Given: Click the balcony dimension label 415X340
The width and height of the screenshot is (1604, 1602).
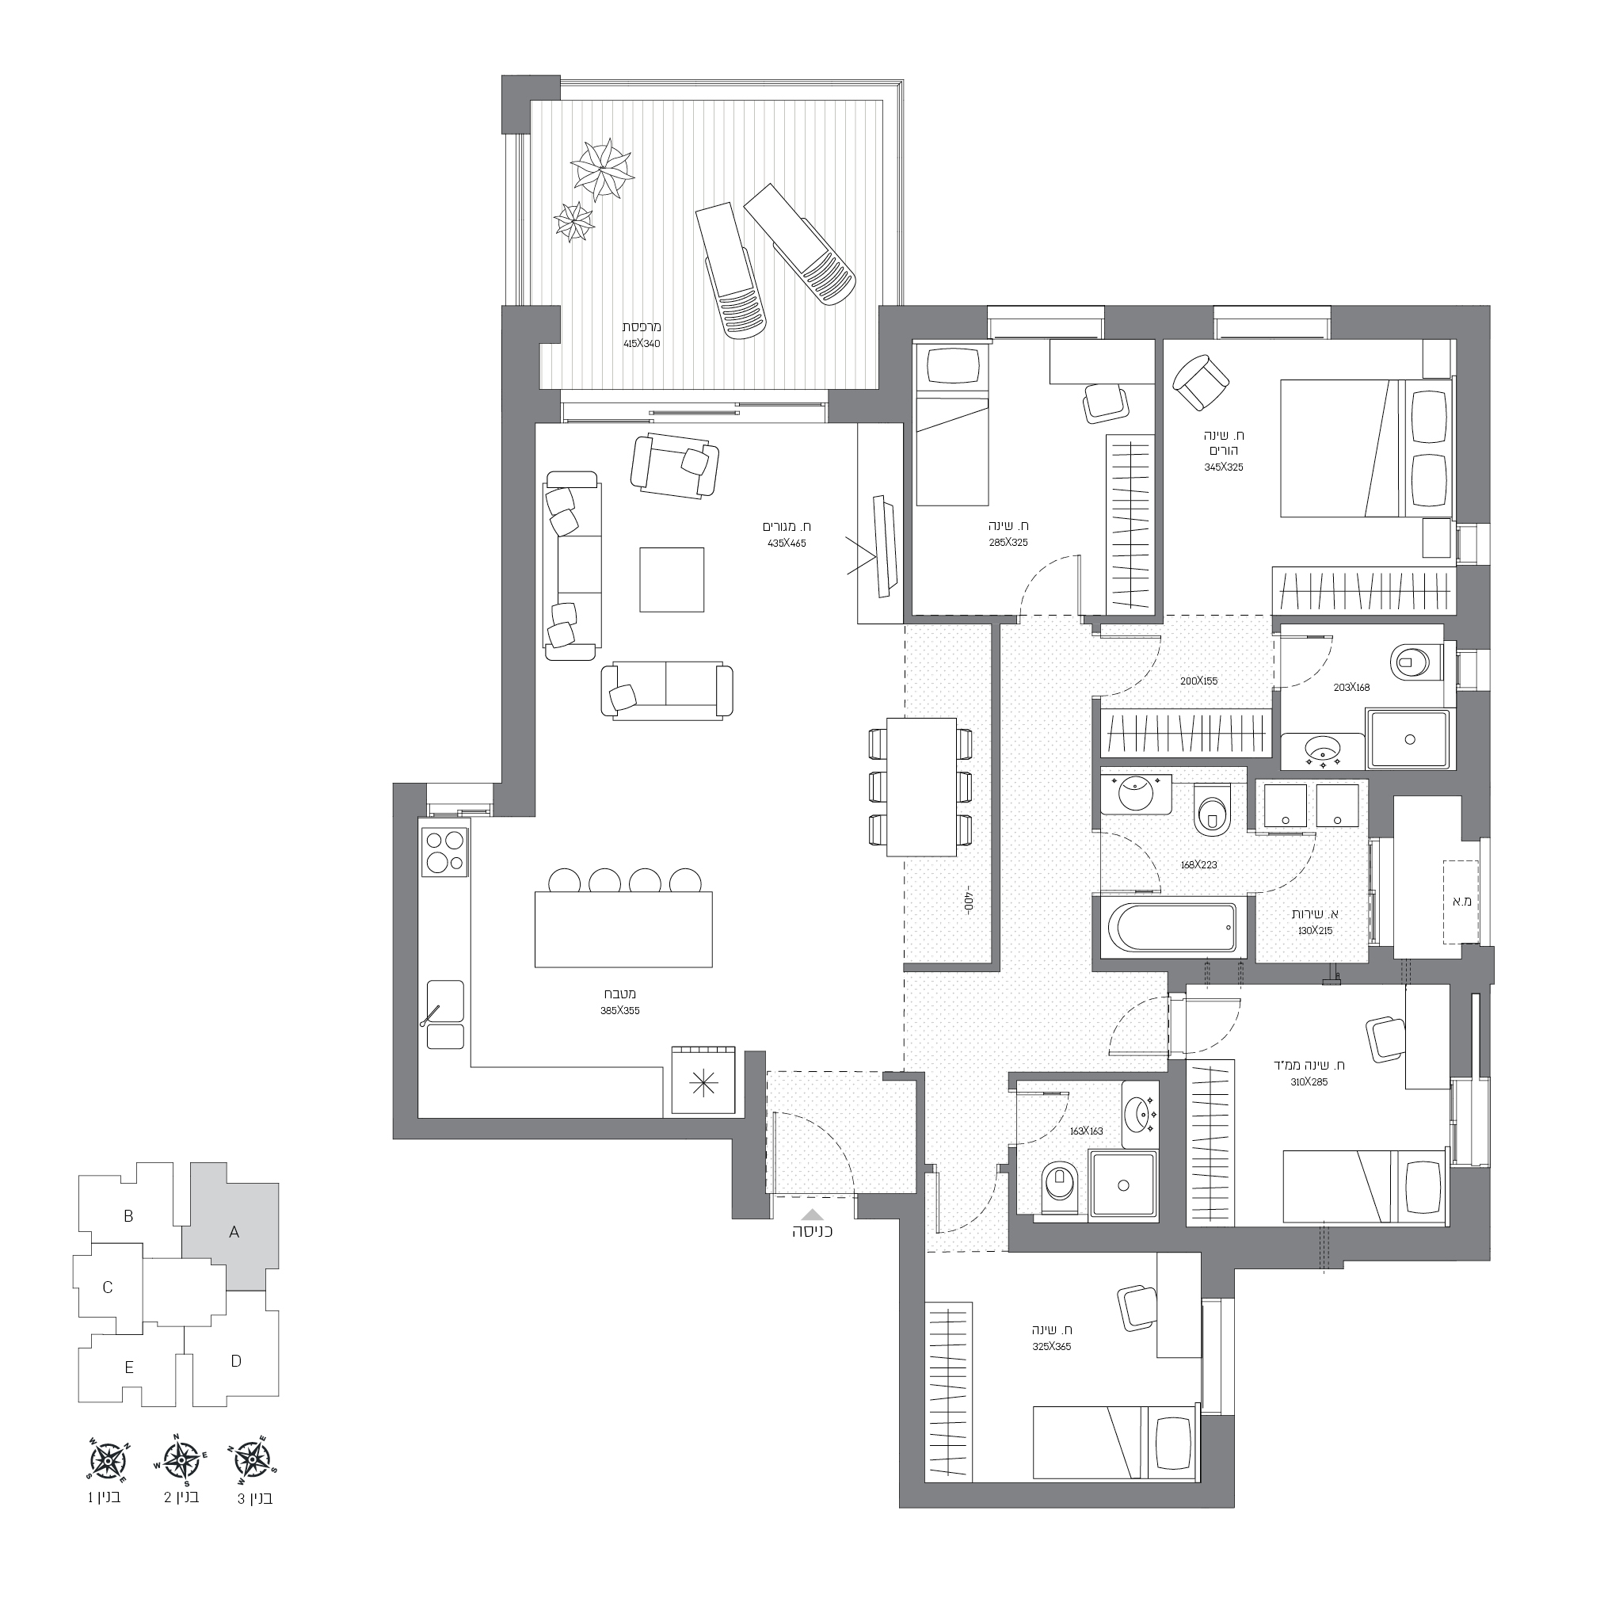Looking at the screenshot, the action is (x=642, y=343).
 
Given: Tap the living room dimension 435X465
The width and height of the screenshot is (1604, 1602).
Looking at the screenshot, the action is (x=787, y=544).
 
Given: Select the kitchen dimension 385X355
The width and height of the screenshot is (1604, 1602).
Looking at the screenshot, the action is (x=620, y=1011).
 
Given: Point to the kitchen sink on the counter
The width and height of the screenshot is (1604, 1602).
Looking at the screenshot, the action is (x=445, y=1014).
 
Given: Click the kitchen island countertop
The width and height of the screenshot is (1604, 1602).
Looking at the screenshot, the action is (x=623, y=929).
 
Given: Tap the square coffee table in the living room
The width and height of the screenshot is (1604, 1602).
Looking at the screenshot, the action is (x=672, y=580).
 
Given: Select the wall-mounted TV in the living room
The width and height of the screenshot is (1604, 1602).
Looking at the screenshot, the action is (x=886, y=546).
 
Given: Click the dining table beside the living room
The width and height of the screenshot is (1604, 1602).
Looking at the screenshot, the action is (x=920, y=787).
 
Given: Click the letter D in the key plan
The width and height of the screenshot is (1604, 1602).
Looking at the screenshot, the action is (x=236, y=1360).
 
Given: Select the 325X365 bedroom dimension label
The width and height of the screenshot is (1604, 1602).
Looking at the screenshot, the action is (x=1052, y=1346).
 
